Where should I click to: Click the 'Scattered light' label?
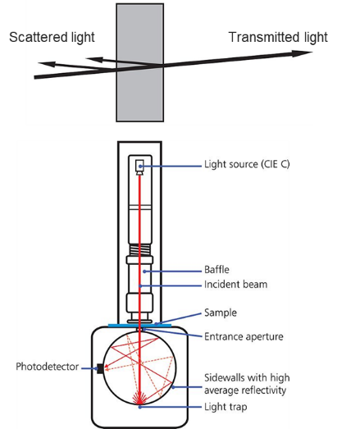pyautogui.click(x=52, y=38)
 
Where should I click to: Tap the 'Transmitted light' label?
pyautogui.click(x=278, y=38)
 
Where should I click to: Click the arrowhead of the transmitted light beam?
pyautogui.click(x=302, y=53)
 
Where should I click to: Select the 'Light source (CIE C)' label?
pyautogui.click(x=247, y=164)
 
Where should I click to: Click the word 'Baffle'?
pyautogui.click(x=216, y=270)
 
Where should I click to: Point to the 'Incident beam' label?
pyautogui.click(x=235, y=285)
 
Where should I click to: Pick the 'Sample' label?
pyautogui.click(x=221, y=313)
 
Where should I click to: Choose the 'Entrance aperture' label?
pyautogui.click(x=244, y=336)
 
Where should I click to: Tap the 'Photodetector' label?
pyautogui.click(x=47, y=367)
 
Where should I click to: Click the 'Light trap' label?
pyautogui.click(x=226, y=407)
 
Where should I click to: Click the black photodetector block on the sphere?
pyautogui.click(x=100, y=368)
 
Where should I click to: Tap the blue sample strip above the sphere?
pyautogui.click(x=139, y=326)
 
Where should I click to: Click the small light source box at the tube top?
pyautogui.click(x=139, y=166)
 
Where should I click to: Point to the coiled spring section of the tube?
pyautogui.click(x=139, y=249)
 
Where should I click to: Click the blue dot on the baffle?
pyautogui.click(x=144, y=272)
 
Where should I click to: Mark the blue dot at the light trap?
pyautogui.click(x=139, y=407)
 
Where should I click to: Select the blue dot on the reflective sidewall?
pyautogui.click(x=173, y=387)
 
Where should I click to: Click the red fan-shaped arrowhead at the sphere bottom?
pyautogui.click(x=139, y=397)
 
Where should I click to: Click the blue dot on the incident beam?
pyautogui.click(x=139, y=286)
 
